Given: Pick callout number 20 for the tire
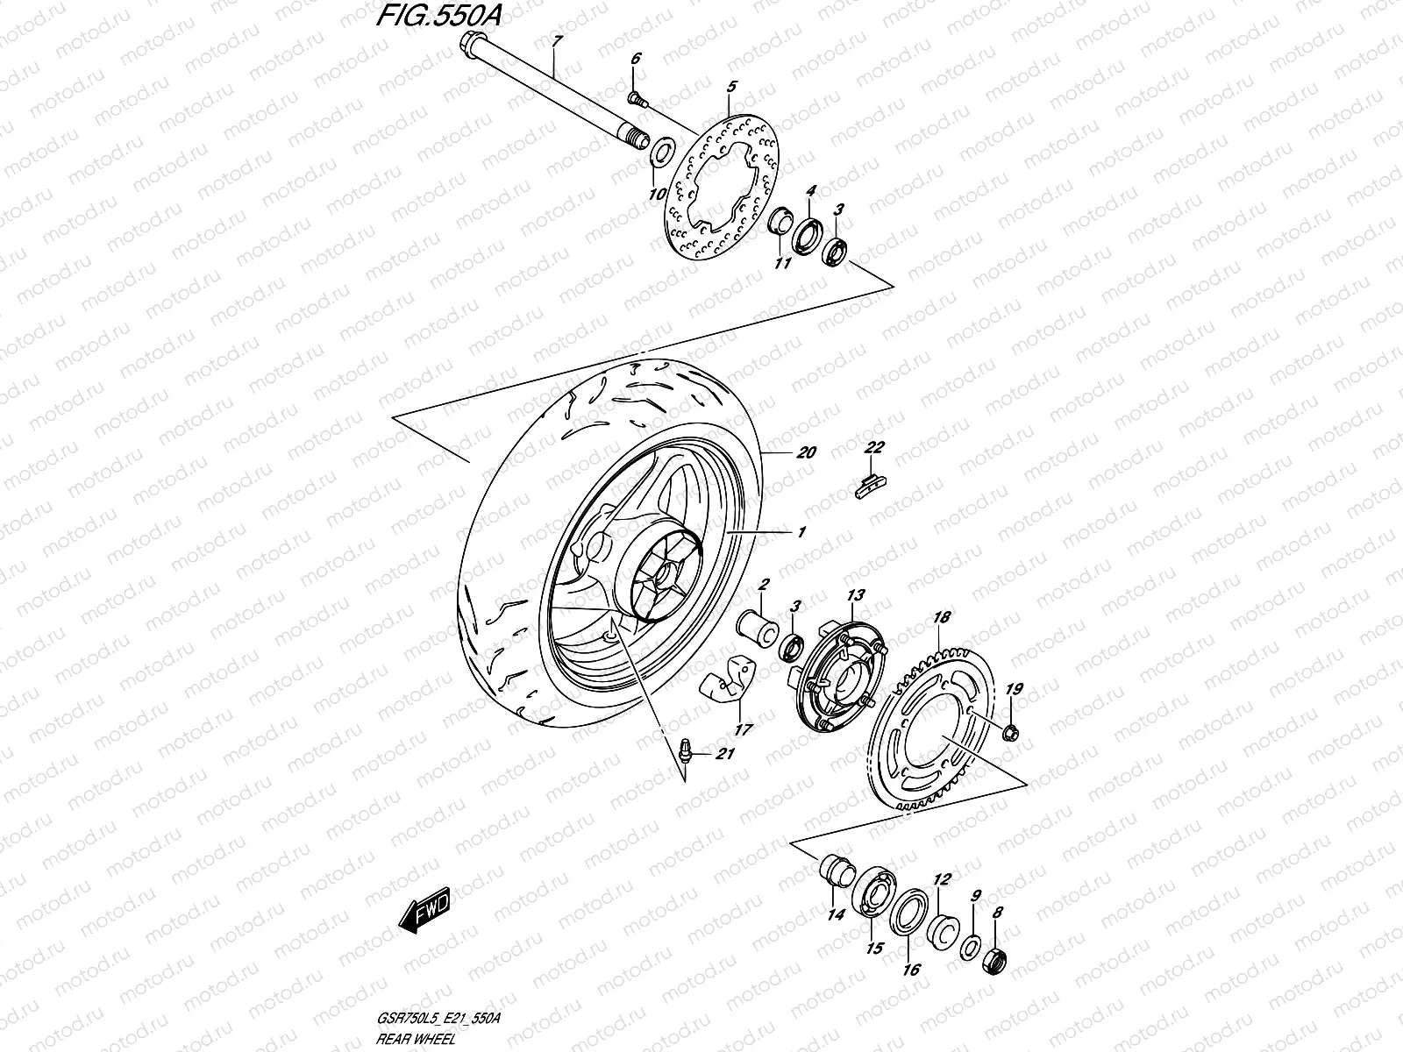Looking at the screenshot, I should (807, 452).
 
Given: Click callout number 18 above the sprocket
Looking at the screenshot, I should (941, 618).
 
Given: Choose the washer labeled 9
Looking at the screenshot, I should (971, 946).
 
